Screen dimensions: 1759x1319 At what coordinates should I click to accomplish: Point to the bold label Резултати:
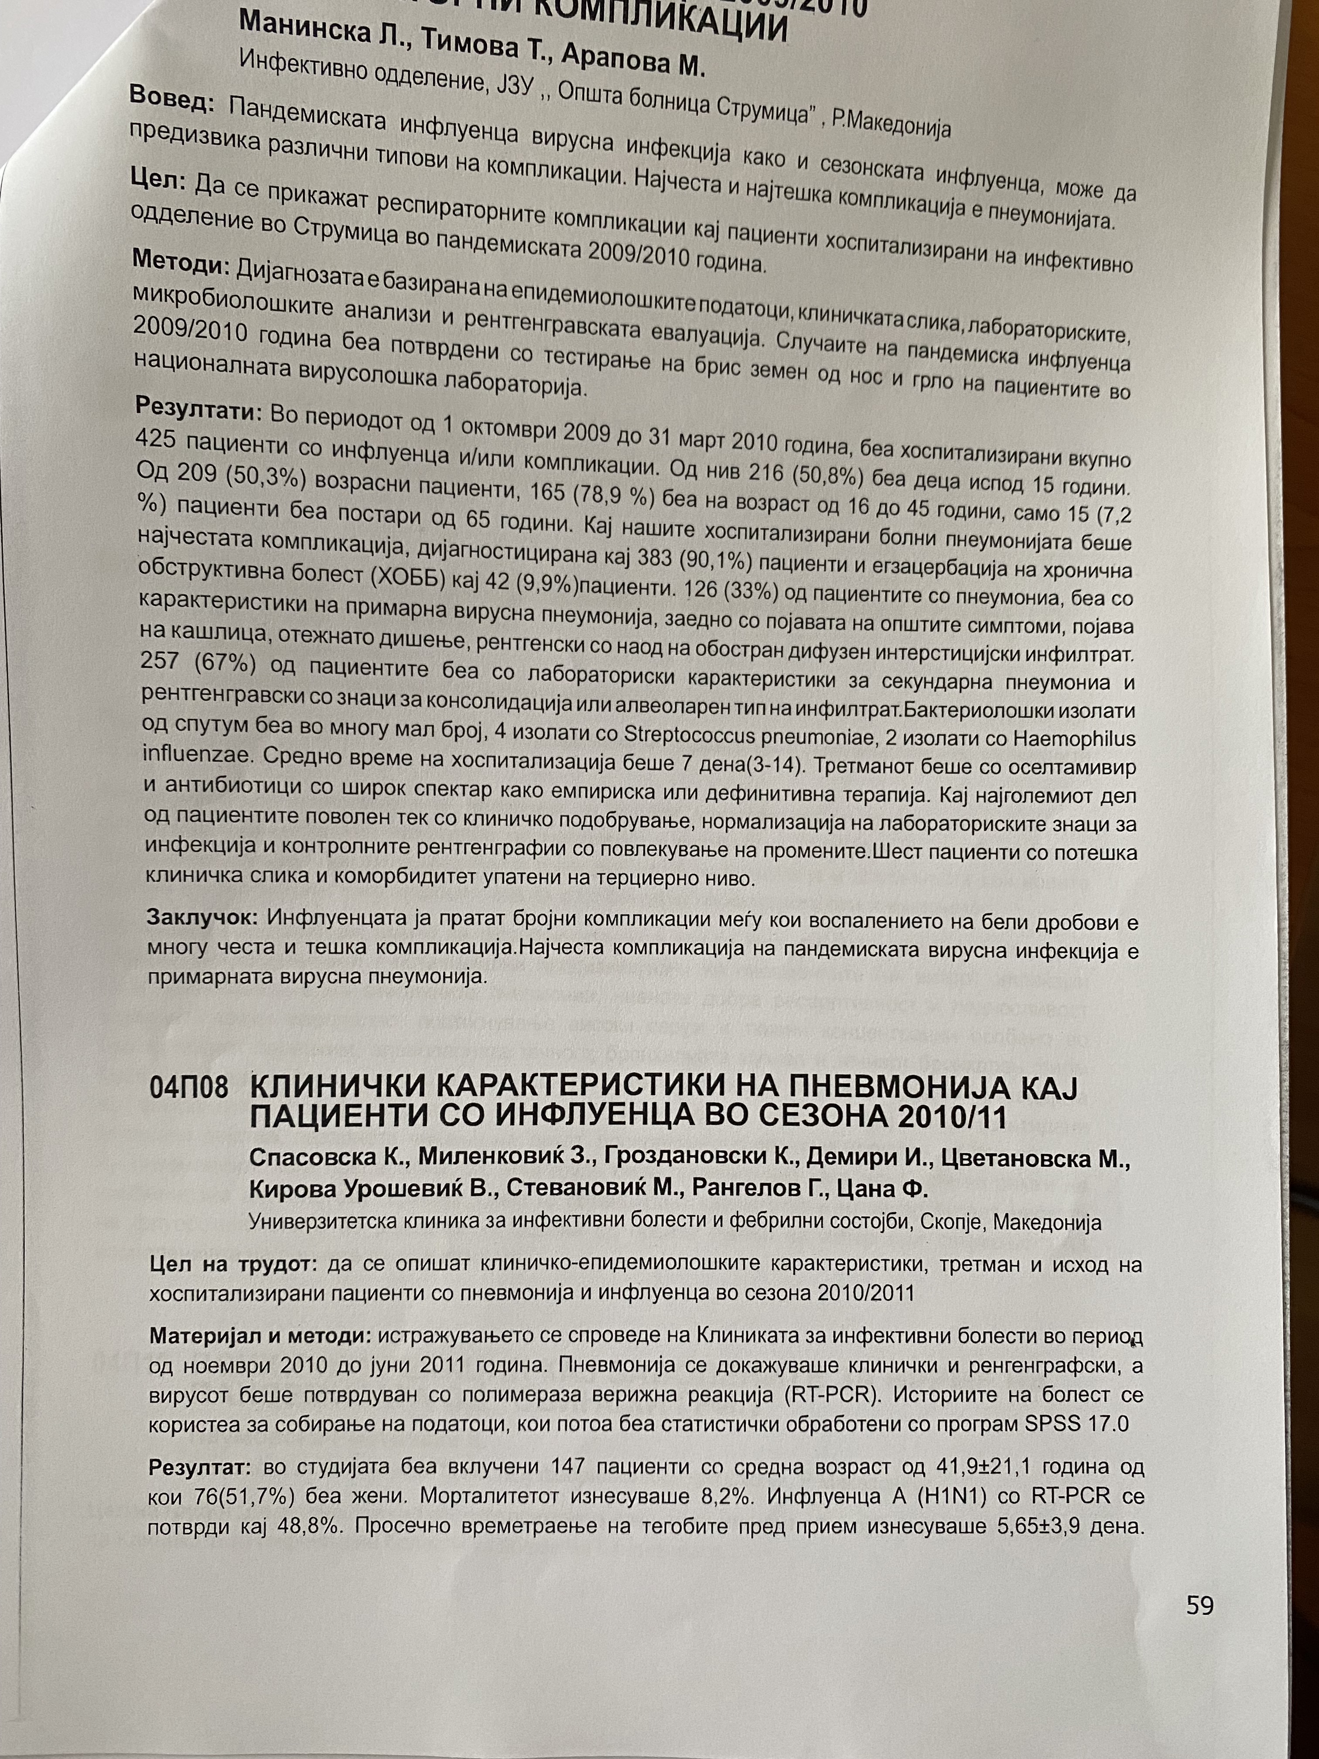(199, 410)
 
